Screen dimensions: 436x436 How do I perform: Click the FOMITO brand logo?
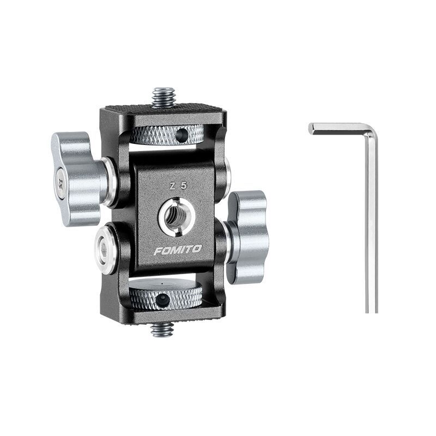point(177,250)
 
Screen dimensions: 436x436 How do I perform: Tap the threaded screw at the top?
point(163,98)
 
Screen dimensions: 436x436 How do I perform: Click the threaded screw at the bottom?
point(162,329)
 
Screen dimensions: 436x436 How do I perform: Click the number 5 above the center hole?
point(184,186)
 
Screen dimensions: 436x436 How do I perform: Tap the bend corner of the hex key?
point(371,130)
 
